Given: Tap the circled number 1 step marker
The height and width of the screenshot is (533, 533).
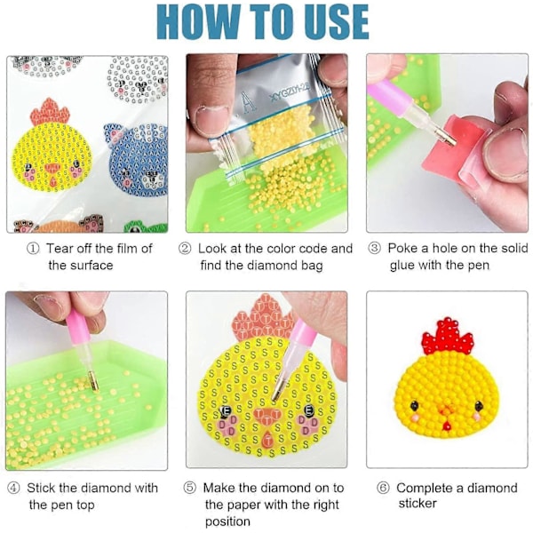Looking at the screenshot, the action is coord(33,249).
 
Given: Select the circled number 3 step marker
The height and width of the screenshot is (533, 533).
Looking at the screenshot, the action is coord(374,249).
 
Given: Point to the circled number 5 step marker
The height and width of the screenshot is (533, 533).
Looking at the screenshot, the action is coord(190,488).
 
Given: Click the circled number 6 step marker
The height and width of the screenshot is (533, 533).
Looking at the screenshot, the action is coord(383,489).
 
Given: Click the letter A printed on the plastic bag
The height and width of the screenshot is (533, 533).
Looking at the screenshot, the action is coord(250,102).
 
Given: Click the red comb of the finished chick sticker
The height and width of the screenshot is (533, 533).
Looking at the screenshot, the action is coord(448,337).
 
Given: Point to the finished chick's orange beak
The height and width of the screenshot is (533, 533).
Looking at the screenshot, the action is coord(446,412).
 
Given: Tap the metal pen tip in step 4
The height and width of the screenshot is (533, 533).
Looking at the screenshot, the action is coord(93,381).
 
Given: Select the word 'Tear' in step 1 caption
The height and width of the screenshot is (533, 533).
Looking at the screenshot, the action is coord(60,249).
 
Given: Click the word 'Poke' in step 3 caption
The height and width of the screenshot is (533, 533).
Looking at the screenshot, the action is coord(402,248).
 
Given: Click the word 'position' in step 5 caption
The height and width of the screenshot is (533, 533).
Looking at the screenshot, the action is coord(227,521).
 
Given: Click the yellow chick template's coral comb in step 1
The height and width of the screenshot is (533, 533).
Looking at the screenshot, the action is coord(50,111).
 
